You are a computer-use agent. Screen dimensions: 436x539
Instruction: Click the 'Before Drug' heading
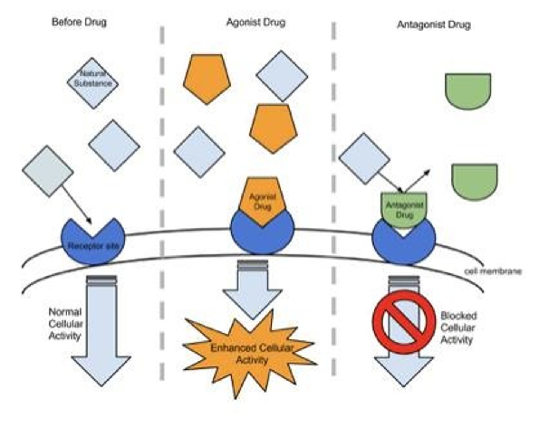click(79, 22)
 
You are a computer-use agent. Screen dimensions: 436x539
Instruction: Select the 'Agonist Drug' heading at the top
click(256, 22)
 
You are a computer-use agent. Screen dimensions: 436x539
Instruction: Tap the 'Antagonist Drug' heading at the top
click(433, 25)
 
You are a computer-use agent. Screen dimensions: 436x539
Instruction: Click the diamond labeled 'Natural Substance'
click(93, 83)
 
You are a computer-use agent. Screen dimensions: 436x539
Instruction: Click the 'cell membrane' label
click(493, 271)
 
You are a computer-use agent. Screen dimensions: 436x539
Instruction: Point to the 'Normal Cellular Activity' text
click(65, 324)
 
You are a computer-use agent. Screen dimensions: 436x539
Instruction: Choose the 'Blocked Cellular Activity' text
click(458, 328)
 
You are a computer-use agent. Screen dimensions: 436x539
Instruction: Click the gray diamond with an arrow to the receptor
click(48, 171)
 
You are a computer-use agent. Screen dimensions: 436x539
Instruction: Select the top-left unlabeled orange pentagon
click(207, 78)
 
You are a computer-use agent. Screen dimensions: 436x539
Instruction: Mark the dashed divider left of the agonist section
click(162, 202)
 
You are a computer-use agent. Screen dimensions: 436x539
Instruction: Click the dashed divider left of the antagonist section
click(334, 199)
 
